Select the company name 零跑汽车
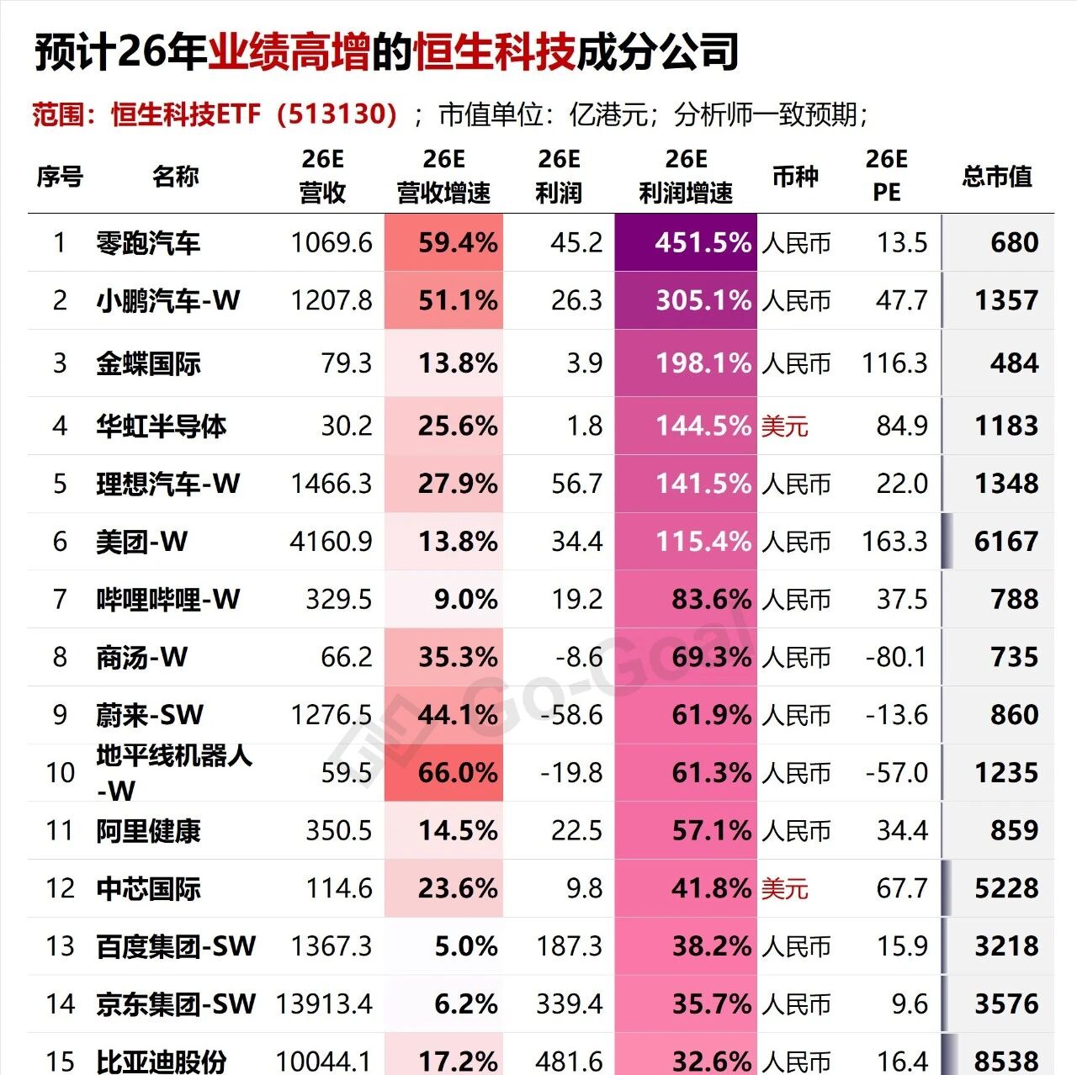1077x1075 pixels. (148, 243)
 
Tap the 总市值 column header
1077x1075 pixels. (997, 177)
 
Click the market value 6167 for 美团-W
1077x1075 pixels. (1005, 542)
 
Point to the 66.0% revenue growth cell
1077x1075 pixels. (457, 772)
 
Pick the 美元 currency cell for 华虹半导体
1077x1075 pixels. (784, 426)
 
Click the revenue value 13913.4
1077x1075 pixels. (324, 1004)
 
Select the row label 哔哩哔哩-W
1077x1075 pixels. (167, 600)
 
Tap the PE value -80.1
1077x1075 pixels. (896, 657)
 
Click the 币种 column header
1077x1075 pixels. (795, 177)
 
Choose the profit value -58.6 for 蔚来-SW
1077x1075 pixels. (571, 715)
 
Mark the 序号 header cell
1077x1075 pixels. (60, 177)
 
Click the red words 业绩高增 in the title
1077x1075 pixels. (289, 52)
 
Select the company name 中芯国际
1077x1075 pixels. (148, 889)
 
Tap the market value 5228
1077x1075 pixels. (1005, 889)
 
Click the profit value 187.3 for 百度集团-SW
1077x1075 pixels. (570, 946)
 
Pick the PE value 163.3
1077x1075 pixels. (894, 542)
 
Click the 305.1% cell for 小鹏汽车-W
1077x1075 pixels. (703, 300)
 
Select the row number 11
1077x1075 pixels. (60, 831)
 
